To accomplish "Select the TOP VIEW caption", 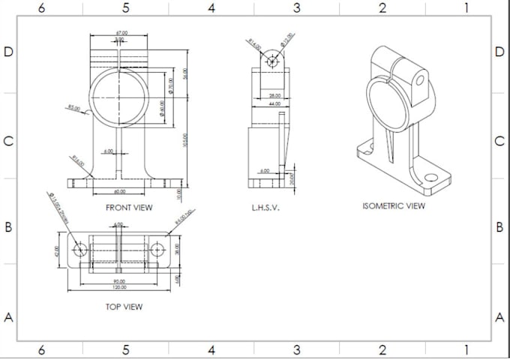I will coord(124,306).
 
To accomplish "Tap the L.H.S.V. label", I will coord(265,208).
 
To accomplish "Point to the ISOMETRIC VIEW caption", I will coord(393,205).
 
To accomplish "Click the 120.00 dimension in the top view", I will coord(119,288).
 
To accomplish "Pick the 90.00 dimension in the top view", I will coord(119,282).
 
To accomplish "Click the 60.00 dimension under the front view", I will coord(120,191).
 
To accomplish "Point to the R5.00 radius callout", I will coord(73,108).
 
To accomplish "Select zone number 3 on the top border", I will coord(297,8).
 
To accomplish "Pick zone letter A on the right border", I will coord(500,316).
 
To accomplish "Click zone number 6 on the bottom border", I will coord(41,350).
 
